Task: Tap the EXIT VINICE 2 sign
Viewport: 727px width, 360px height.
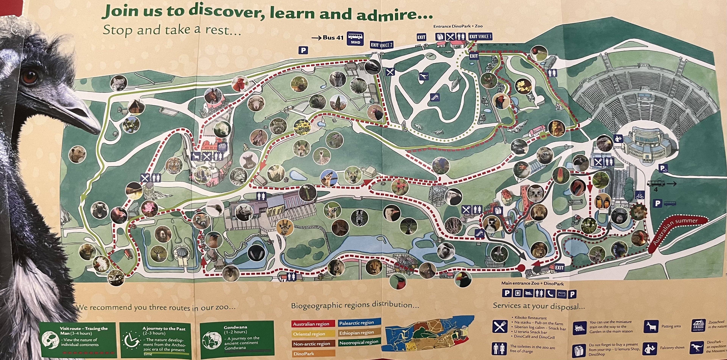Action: point(381,45)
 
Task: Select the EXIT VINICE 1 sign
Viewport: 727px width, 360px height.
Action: point(480,36)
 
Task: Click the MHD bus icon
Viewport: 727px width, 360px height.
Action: point(355,39)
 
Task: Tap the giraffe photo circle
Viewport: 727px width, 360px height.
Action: point(284,227)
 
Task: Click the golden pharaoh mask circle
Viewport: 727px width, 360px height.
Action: point(557,128)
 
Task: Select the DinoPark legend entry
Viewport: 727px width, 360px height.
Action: point(304,354)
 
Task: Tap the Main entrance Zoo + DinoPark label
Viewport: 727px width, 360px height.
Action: point(532,283)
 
